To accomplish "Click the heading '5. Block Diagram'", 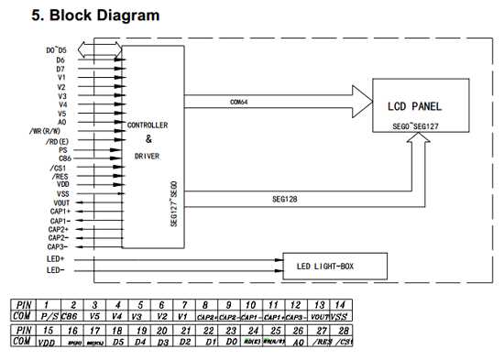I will pyautogui.click(x=95, y=16).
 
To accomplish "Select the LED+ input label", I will pyautogui.click(x=56, y=259).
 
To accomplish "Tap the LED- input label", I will pyautogui.click(x=56, y=270).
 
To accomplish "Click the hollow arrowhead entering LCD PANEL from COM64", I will pyautogui.click(x=360, y=92).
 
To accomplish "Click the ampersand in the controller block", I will pyautogui.click(x=148, y=138).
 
